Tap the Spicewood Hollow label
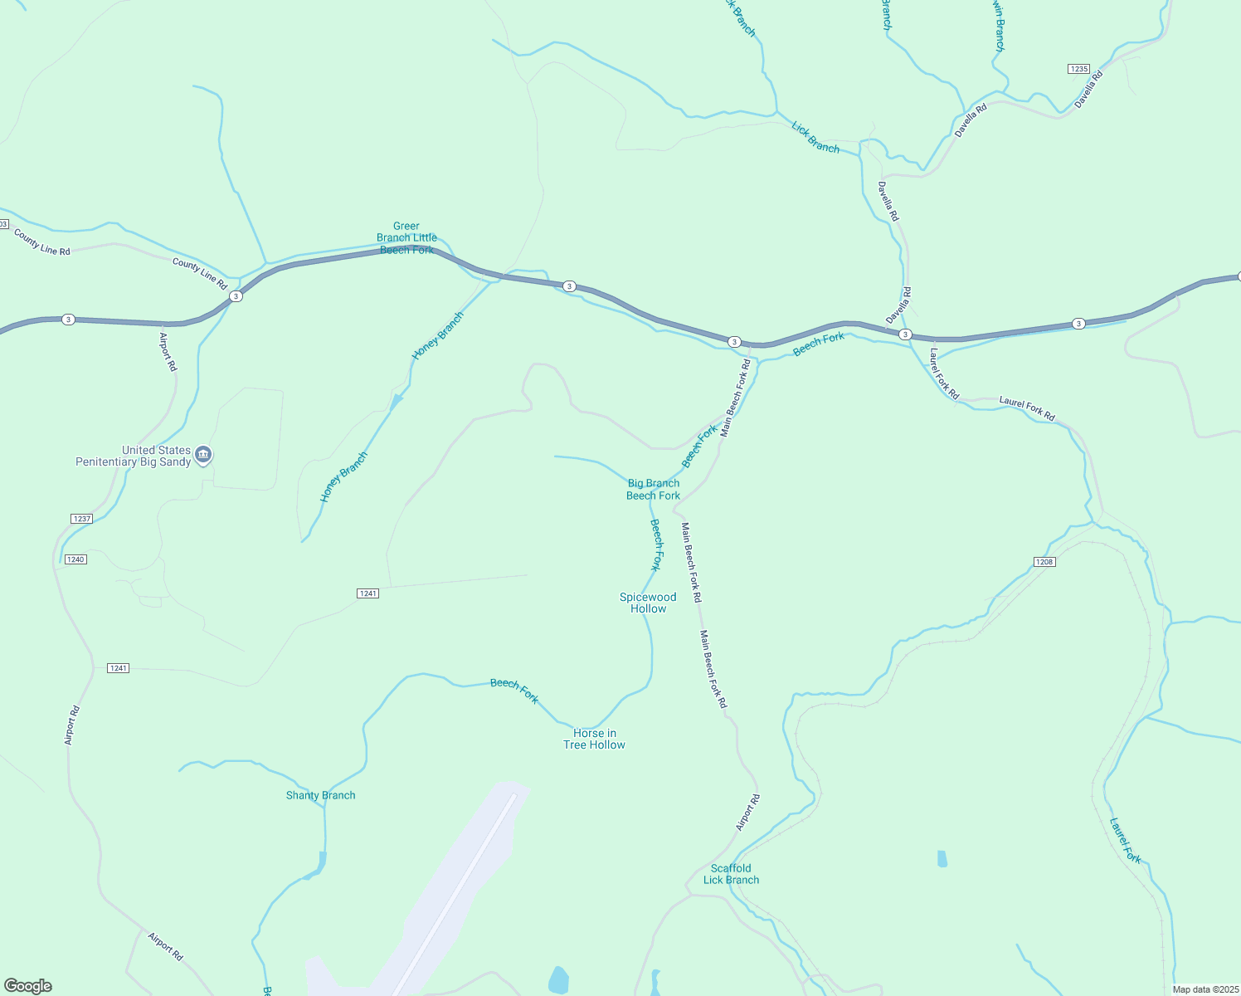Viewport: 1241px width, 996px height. point(648,603)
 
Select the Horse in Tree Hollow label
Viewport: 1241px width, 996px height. point(594,739)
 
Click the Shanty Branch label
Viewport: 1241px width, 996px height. point(320,795)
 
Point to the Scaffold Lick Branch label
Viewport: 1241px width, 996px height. point(731,874)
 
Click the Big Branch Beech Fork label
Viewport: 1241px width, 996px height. point(653,489)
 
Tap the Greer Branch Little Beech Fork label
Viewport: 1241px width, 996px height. point(406,237)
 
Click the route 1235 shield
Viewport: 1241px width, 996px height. point(1078,69)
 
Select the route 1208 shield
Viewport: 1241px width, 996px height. point(1044,562)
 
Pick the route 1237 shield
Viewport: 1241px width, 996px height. point(81,519)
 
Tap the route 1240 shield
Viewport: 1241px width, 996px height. point(75,559)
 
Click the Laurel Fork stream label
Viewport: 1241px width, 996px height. point(1126,840)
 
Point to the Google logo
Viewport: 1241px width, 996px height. point(27,986)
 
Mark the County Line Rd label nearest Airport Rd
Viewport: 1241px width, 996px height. point(200,273)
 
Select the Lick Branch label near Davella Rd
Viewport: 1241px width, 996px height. point(815,138)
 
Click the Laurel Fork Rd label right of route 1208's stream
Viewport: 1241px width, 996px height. point(1027,408)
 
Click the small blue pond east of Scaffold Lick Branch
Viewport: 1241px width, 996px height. point(942,858)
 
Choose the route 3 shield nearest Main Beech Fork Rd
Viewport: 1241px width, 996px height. point(734,342)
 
